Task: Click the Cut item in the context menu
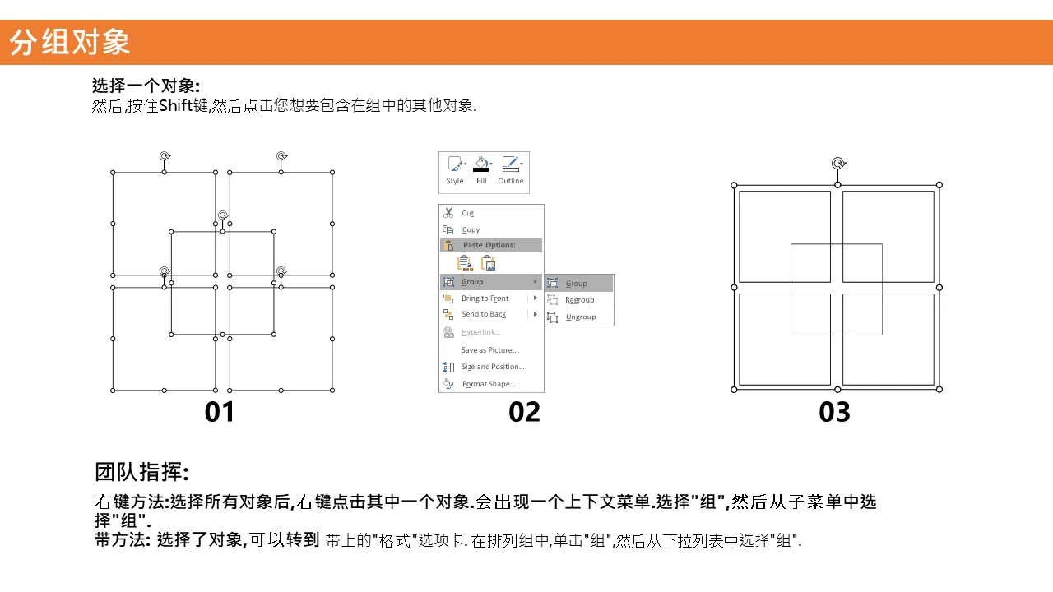pyautogui.click(x=467, y=213)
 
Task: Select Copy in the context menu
pyautogui.click(x=471, y=229)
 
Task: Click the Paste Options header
pyautogui.click(x=489, y=245)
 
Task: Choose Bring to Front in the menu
pyautogui.click(x=485, y=298)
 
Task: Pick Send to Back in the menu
pyautogui.click(x=484, y=314)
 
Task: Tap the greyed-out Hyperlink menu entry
pyautogui.click(x=480, y=332)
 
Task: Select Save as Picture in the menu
pyautogui.click(x=489, y=350)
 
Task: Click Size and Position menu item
pyautogui.click(x=493, y=367)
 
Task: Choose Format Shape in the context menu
pyautogui.click(x=489, y=384)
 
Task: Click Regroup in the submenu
pyautogui.click(x=580, y=300)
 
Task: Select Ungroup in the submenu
pyautogui.click(x=581, y=317)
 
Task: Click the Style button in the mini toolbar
pyautogui.click(x=455, y=170)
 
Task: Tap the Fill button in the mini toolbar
pyautogui.click(x=481, y=170)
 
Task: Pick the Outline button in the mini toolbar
pyautogui.click(x=511, y=170)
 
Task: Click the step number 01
pyautogui.click(x=219, y=412)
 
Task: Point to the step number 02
pyautogui.click(x=524, y=412)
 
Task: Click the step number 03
pyautogui.click(x=834, y=412)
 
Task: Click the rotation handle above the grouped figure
pyautogui.click(x=838, y=164)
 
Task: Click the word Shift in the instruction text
pyautogui.click(x=176, y=105)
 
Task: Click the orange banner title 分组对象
pyautogui.click(x=70, y=42)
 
